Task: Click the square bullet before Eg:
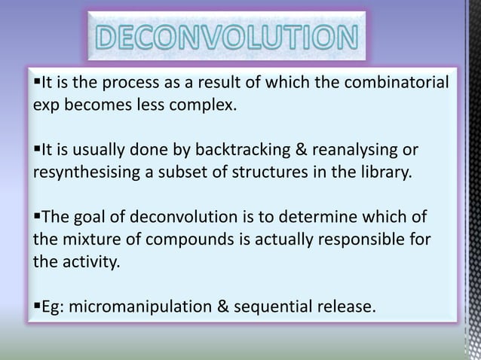pyautogui.click(x=36, y=306)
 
